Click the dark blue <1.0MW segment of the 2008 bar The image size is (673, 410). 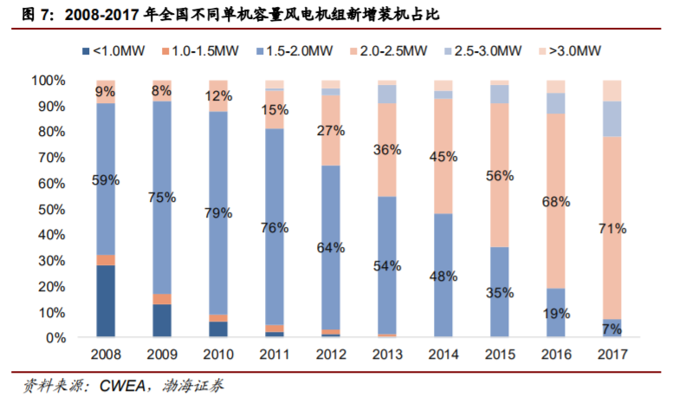[107, 301]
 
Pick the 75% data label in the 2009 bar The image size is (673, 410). [162, 197]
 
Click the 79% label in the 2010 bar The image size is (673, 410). [218, 212]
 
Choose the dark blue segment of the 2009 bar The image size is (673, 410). [162, 320]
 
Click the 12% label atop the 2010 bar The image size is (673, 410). [218, 95]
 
